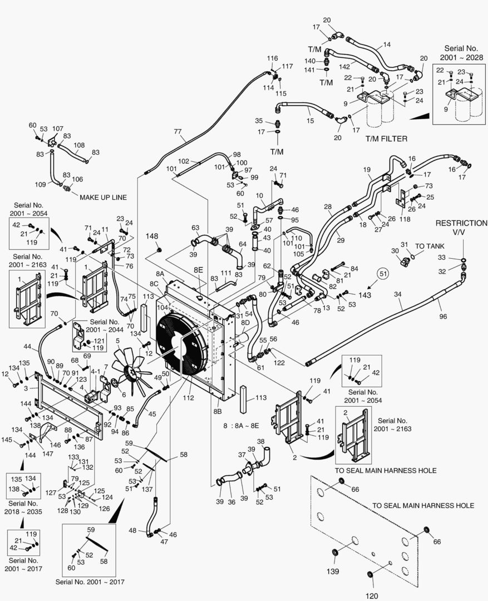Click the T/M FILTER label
coord(386,139)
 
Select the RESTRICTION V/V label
coord(461,227)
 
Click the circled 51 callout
coord(382,273)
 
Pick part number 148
coord(152,237)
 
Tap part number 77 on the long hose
coord(178,132)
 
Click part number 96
coord(443,316)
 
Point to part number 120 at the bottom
coord(372,596)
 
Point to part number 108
coord(79,145)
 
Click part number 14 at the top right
coord(387,45)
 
